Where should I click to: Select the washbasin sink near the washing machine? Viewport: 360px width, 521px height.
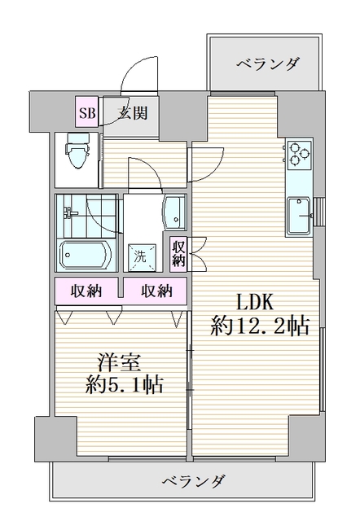[174, 213]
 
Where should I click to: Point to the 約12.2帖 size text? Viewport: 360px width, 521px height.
[259, 327]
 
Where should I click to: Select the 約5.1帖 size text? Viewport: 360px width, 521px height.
[124, 384]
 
